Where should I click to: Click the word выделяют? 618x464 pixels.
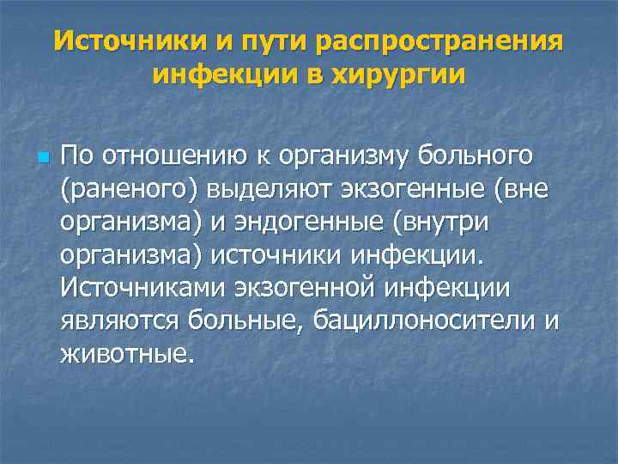click(246, 189)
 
